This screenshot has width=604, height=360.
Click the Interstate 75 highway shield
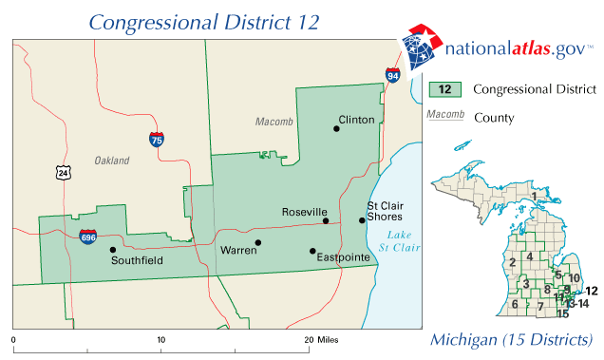coord(156,139)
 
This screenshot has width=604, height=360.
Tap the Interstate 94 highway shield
coord(392,74)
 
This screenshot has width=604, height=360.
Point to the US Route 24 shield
coord(62,172)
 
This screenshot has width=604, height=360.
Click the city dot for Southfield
coord(113,250)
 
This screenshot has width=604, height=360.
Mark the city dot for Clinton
coord(336,128)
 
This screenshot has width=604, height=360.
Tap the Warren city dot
coord(257,242)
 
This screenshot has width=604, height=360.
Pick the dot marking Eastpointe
coord(311,251)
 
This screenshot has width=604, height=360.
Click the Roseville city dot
coord(326,221)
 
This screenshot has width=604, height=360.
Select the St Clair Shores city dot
coord(362,220)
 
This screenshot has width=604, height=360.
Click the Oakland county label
coord(111,161)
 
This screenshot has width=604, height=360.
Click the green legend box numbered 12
coord(444,90)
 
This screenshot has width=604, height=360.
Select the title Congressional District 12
coord(203,21)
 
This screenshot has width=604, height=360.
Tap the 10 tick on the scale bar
coord(161,339)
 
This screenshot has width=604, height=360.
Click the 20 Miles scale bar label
coord(321,339)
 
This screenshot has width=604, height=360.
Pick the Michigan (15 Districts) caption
coord(511,339)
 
